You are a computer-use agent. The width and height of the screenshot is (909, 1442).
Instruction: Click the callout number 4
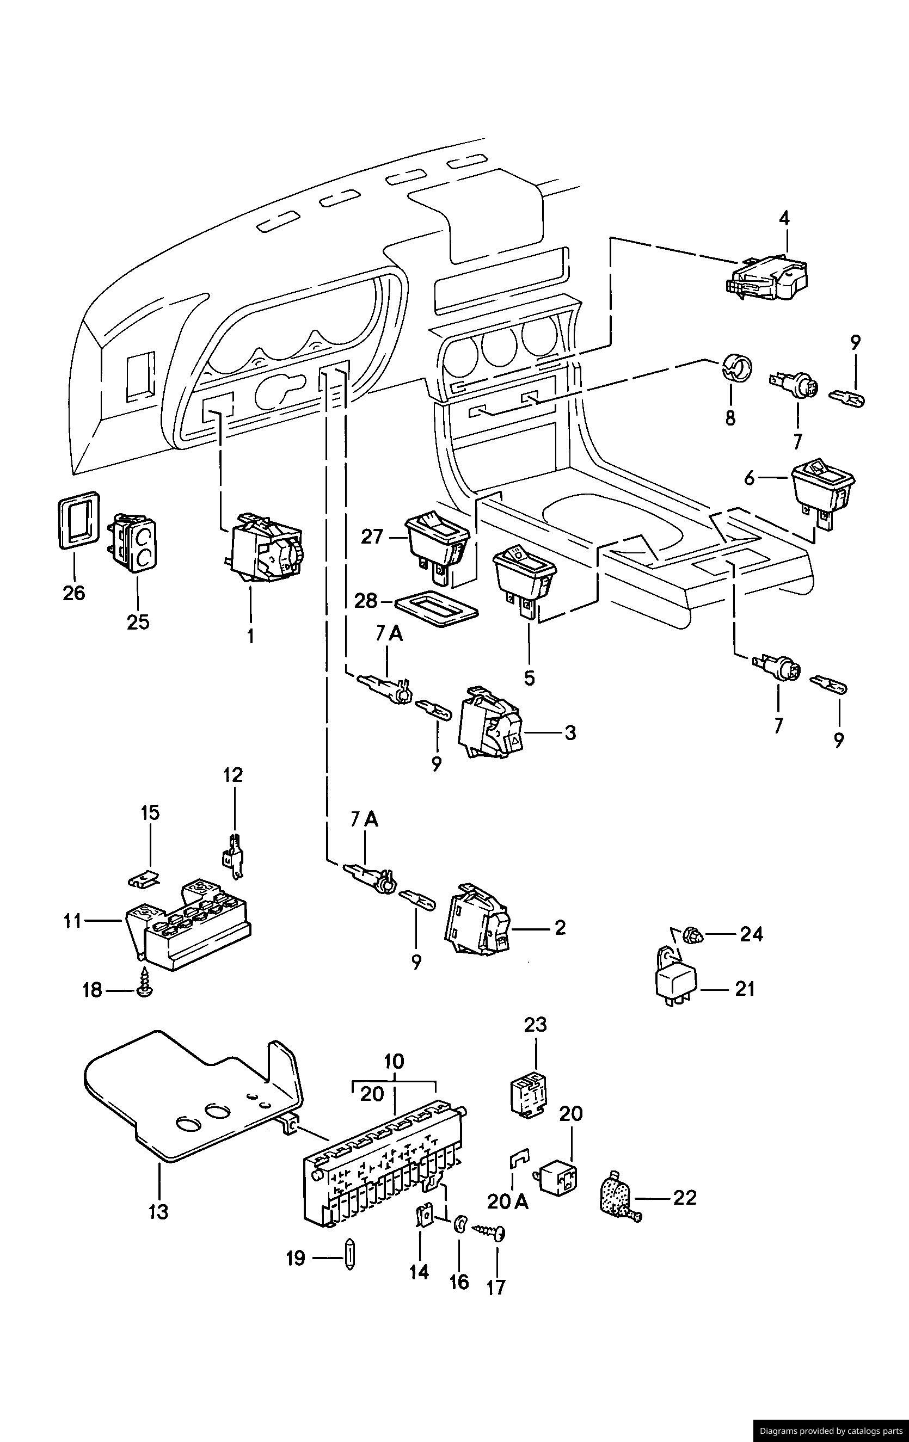[x=784, y=219]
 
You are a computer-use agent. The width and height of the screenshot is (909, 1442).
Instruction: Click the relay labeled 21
[x=678, y=981]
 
